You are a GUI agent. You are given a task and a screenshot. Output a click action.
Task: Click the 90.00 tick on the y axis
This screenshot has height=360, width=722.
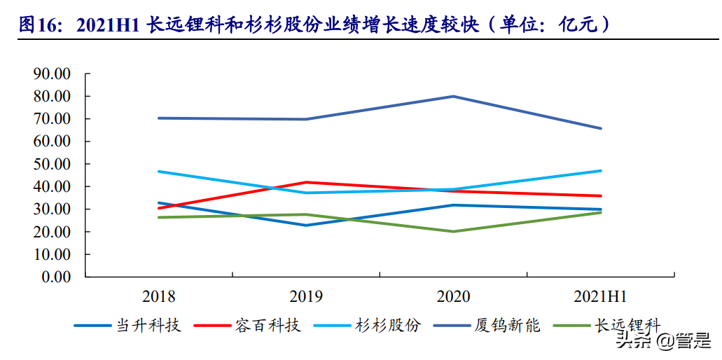point(52,74)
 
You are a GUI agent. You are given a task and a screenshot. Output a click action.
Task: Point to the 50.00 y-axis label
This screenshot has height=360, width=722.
point(52,164)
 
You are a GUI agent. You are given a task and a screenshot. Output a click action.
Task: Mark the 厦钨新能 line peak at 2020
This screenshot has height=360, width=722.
point(453,97)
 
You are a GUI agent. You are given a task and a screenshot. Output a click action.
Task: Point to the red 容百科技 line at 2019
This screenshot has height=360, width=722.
point(306,182)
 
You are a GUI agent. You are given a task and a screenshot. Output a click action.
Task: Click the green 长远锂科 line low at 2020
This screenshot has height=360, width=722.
point(453,231)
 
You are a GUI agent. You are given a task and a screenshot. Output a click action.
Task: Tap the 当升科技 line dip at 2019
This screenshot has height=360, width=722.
point(306,225)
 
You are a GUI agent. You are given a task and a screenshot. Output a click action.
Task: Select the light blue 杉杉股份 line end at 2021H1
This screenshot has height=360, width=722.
point(601,171)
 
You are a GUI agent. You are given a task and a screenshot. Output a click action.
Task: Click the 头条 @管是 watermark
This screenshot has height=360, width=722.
point(662,341)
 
